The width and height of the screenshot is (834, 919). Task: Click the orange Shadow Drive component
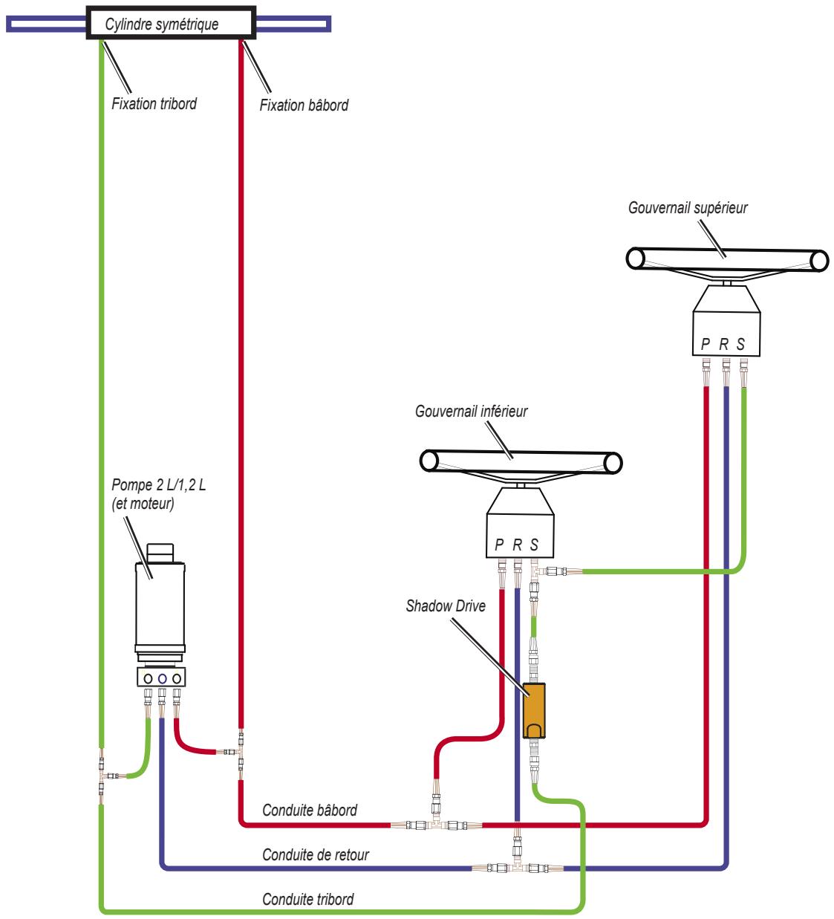tap(533, 709)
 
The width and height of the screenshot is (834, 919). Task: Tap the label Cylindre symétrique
tap(162, 24)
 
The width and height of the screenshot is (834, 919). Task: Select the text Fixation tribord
tap(154, 103)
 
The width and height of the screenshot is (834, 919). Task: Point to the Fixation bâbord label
tap(304, 105)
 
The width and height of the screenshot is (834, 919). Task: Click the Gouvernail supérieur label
tap(688, 208)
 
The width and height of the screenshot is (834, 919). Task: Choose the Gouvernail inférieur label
tap(471, 411)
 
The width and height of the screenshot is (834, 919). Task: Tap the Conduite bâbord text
tap(310, 810)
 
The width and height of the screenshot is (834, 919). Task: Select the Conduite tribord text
tap(307, 899)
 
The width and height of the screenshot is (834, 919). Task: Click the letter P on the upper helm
tap(706, 343)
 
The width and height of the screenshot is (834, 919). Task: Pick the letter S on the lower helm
tap(534, 545)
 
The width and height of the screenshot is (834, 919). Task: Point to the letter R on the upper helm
tap(723, 343)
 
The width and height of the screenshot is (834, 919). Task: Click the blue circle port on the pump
tap(162, 678)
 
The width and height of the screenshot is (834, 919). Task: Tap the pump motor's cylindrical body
tap(160, 606)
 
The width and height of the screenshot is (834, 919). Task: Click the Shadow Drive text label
tap(445, 605)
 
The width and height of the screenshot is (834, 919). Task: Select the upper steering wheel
tap(727, 260)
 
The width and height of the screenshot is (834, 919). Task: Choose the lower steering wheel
tap(521, 461)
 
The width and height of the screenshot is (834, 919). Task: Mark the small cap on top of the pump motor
tap(160, 552)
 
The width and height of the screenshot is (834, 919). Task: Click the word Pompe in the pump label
tap(132, 484)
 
